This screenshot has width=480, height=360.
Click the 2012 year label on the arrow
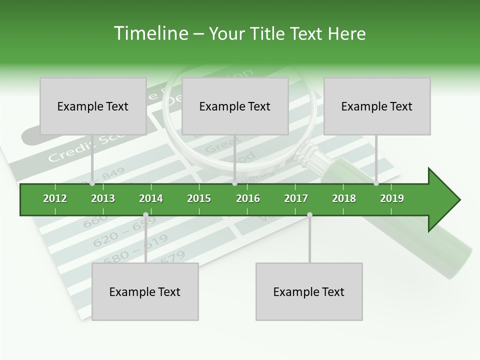coord(55,198)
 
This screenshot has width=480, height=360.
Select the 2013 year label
coord(103,198)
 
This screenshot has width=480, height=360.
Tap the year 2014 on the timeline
coord(151,198)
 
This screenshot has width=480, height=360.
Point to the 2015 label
coord(199,198)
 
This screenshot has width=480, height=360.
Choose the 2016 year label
coord(248,198)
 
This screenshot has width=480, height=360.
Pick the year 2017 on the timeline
coord(296,198)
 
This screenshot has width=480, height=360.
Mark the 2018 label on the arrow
coord(344,198)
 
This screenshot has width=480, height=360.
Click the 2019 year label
coord(392,198)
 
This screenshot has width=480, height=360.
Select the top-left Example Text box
coord(93,106)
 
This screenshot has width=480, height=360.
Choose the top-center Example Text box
coord(235,106)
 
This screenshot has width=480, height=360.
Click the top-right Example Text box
coord(377,106)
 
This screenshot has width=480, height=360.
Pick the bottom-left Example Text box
coord(145,291)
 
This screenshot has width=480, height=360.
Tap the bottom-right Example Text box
coord(309,291)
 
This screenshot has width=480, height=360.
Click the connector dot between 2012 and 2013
coord(92,183)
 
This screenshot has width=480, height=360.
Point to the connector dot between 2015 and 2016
coord(235,183)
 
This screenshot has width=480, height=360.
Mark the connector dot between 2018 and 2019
coord(376,183)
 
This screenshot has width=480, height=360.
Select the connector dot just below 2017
coord(309,214)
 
